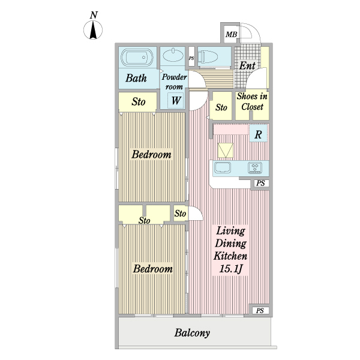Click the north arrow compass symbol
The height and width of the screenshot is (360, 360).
(x=93, y=30)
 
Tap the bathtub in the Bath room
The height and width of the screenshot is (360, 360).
(x=137, y=58)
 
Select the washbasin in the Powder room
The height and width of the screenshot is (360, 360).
(x=173, y=55)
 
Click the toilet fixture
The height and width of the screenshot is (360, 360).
(x=208, y=58)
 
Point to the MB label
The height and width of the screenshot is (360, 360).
(x=231, y=34)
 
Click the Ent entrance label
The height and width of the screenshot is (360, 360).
(x=247, y=66)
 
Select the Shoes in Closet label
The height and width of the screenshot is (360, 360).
(x=252, y=101)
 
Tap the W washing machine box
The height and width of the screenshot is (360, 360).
(x=176, y=100)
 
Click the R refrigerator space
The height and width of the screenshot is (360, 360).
(x=258, y=133)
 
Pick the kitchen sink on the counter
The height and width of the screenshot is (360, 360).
(x=223, y=167)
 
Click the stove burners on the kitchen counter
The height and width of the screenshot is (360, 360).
(x=255, y=167)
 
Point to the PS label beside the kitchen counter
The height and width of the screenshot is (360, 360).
(x=260, y=183)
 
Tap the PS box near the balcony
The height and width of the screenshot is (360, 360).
(x=260, y=311)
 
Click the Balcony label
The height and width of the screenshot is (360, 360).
(x=192, y=333)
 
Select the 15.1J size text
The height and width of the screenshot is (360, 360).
(x=231, y=269)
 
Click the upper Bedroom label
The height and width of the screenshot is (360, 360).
(x=152, y=154)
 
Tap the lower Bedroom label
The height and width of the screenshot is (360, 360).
(x=153, y=269)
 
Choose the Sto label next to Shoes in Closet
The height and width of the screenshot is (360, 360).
(x=221, y=107)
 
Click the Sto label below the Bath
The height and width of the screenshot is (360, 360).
(x=139, y=101)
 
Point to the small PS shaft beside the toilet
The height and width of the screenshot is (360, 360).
(x=191, y=58)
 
